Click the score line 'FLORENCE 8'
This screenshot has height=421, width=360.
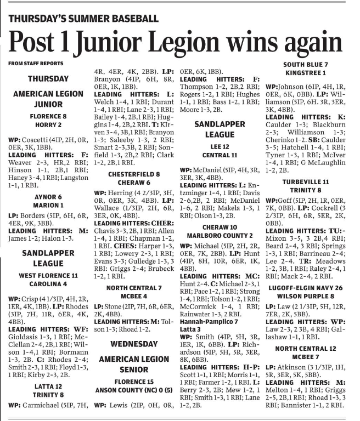coord(48,116)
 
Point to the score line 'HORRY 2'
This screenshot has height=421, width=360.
coord(48,125)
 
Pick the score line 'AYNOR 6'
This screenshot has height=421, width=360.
coord(48,197)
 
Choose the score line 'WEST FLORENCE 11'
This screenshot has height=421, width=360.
coord(48,275)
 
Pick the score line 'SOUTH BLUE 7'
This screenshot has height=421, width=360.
coord(306,64)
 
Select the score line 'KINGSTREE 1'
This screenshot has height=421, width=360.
coord(306,72)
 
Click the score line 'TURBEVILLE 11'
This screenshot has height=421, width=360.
coord(306,182)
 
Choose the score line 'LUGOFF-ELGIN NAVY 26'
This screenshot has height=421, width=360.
coord(306,287)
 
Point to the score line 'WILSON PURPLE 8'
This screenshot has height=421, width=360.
coord(306,295)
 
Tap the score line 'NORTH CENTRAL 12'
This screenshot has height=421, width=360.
coord(306,348)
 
